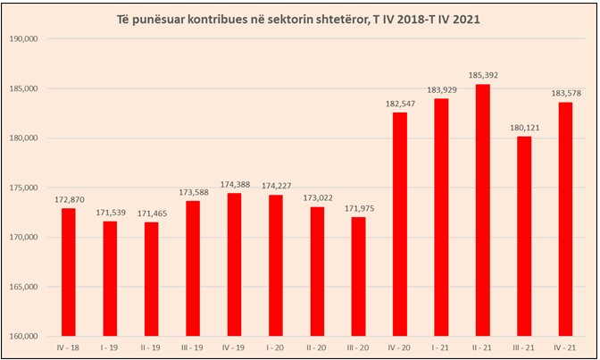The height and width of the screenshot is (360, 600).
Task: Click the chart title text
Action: (x=300, y=18)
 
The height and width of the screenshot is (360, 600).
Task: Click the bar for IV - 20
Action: (x=400, y=223)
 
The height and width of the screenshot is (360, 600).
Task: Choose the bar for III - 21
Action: (x=524, y=236)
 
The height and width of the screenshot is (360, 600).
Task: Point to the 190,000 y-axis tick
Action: (x=30, y=39)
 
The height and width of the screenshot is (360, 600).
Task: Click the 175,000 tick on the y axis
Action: (x=30, y=188)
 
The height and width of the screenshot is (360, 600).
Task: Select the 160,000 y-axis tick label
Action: (x=30, y=336)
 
